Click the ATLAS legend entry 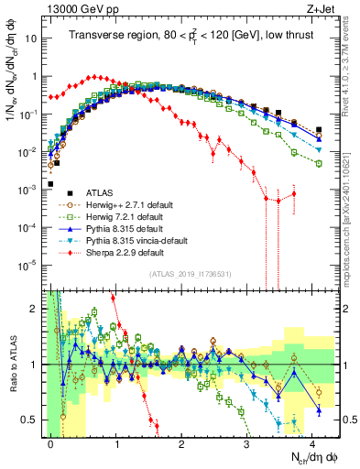tap(84, 192)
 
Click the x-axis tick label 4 tap(312, 442)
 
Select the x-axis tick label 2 tap(181, 442)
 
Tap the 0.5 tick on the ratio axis tap(33, 420)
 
